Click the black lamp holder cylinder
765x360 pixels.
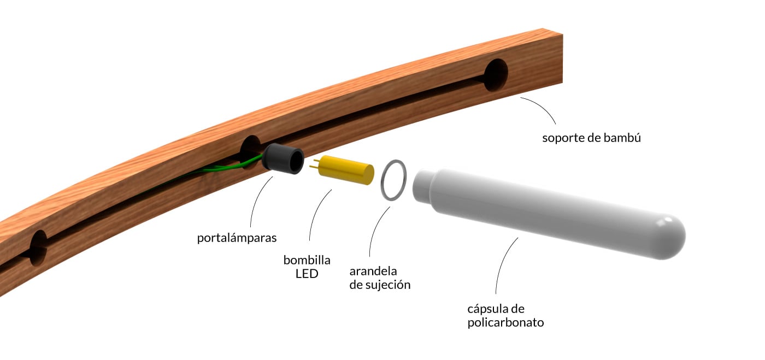283,160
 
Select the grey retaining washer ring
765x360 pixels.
393,181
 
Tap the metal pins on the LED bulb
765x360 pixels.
314,164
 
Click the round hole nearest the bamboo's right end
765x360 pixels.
496,75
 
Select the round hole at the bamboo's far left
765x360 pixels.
38,247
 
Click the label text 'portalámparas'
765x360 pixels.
237,238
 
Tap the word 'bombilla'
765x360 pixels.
307,260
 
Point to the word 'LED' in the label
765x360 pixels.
307,274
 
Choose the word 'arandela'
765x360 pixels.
373,271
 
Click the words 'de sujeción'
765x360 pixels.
380,285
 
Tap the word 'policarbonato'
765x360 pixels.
505,322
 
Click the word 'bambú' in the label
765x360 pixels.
623,138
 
